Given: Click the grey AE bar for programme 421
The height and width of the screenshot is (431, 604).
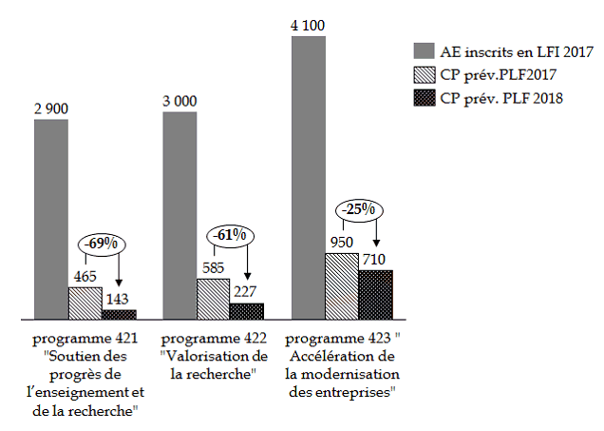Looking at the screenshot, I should click(x=51, y=219).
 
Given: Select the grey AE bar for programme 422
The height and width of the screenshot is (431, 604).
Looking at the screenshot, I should click(x=179, y=215).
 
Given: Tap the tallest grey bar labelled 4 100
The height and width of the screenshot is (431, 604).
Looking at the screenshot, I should click(x=309, y=177).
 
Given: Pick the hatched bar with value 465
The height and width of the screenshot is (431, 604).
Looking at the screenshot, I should click(x=85, y=302).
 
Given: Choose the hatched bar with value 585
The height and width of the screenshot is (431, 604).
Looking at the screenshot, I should click(x=214, y=298).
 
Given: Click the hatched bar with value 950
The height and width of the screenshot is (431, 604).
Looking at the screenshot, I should click(x=342, y=285).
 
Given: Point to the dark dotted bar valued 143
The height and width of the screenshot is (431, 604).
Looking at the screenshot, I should click(x=119, y=313).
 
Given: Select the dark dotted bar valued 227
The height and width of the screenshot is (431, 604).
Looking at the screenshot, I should click(x=247, y=310).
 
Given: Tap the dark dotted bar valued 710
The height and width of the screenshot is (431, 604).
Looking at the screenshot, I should click(x=375, y=294).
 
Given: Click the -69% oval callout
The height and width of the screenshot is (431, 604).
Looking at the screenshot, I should click(x=101, y=244).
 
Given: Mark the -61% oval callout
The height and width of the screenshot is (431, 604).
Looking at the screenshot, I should click(x=228, y=234).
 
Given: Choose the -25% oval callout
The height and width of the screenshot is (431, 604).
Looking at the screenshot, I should click(x=357, y=208).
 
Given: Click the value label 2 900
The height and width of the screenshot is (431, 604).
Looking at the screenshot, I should click(x=51, y=108).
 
